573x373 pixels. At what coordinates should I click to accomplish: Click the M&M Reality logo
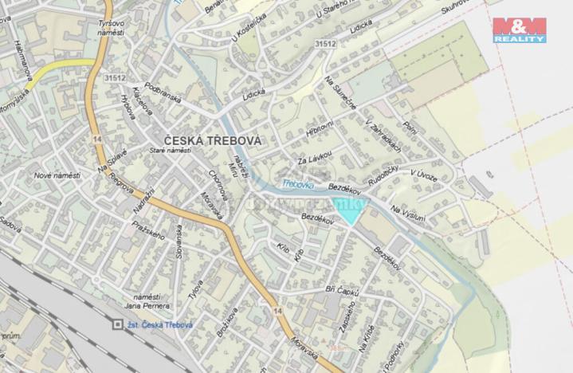519,29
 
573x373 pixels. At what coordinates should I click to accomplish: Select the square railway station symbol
118,324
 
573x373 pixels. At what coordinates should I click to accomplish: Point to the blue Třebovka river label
297,185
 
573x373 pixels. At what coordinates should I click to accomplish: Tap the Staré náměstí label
170,150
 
